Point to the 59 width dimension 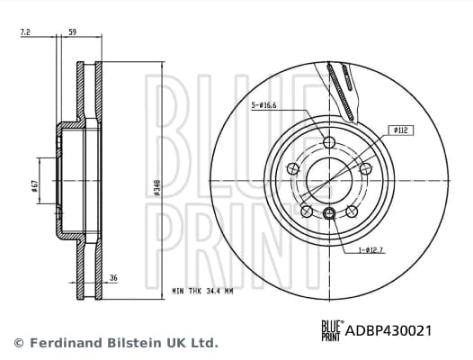[x=72, y=32]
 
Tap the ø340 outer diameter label [x=158, y=188]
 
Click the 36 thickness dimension [x=112, y=278]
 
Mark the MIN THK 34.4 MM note [x=202, y=292]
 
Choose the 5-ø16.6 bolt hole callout [x=263, y=106]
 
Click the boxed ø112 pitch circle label [x=401, y=130]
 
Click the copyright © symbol [x=18, y=343]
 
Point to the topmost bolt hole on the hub [x=328, y=142]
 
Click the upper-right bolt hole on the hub [x=365, y=169]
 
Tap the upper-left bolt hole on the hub [x=292, y=168]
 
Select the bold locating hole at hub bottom [x=329, y=212]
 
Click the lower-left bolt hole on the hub [x=306, y=211]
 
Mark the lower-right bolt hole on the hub [x=352, y=211]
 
